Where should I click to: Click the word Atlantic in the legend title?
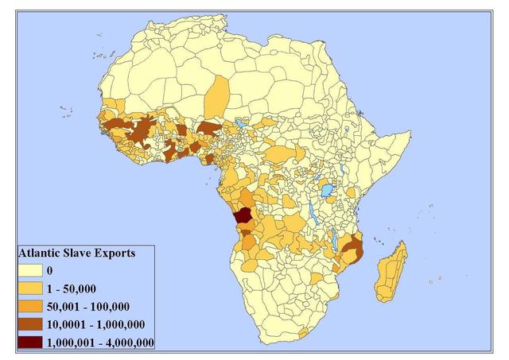(41, 254)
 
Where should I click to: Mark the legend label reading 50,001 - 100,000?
(89, 307)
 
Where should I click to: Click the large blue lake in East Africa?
(328, 192)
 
